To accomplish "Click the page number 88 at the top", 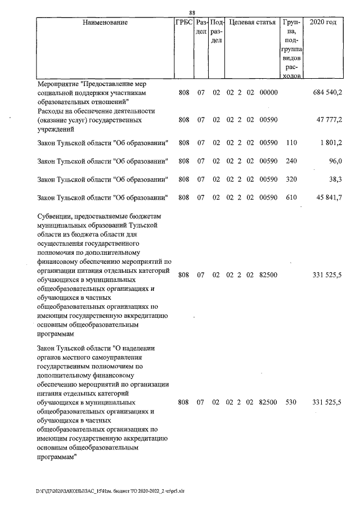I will click(192, 13).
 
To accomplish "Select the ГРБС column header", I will click(184, 23).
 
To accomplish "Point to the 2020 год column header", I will click(323, 23).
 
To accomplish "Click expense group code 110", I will click(291, 143).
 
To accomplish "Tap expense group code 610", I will click(291, 197).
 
